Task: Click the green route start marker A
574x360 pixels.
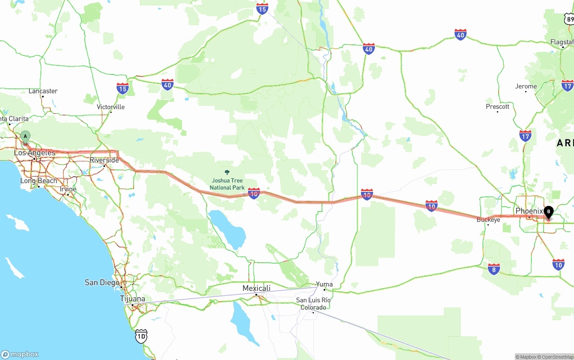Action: pos(26,136)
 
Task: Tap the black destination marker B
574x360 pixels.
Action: pos(548,212)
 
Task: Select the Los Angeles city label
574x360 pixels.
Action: pos(35,153)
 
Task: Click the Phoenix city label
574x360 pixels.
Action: pos(529,211)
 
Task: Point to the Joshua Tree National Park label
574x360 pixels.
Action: pos(227,184)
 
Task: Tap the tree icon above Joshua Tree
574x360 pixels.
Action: pos(227,172)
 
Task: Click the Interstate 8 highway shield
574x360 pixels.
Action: pos(494,269)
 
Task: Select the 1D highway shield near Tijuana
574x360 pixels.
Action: pos(141,336)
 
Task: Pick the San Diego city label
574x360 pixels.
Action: pos(102,282)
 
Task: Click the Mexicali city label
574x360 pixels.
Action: pos(257,288)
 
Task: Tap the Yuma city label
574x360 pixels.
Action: pos(324,284)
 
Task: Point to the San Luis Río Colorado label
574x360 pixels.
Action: pos(313,304)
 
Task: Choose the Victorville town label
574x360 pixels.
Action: pos(111,107)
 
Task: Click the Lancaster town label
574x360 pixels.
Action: pos(43,91)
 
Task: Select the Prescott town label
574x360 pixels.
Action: pos(497,107)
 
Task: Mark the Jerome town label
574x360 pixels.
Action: pos(526,87)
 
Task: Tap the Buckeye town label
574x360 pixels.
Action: pos(488,220)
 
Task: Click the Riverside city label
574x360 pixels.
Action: pos(104,160)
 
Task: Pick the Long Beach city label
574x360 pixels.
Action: pos(39,181)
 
